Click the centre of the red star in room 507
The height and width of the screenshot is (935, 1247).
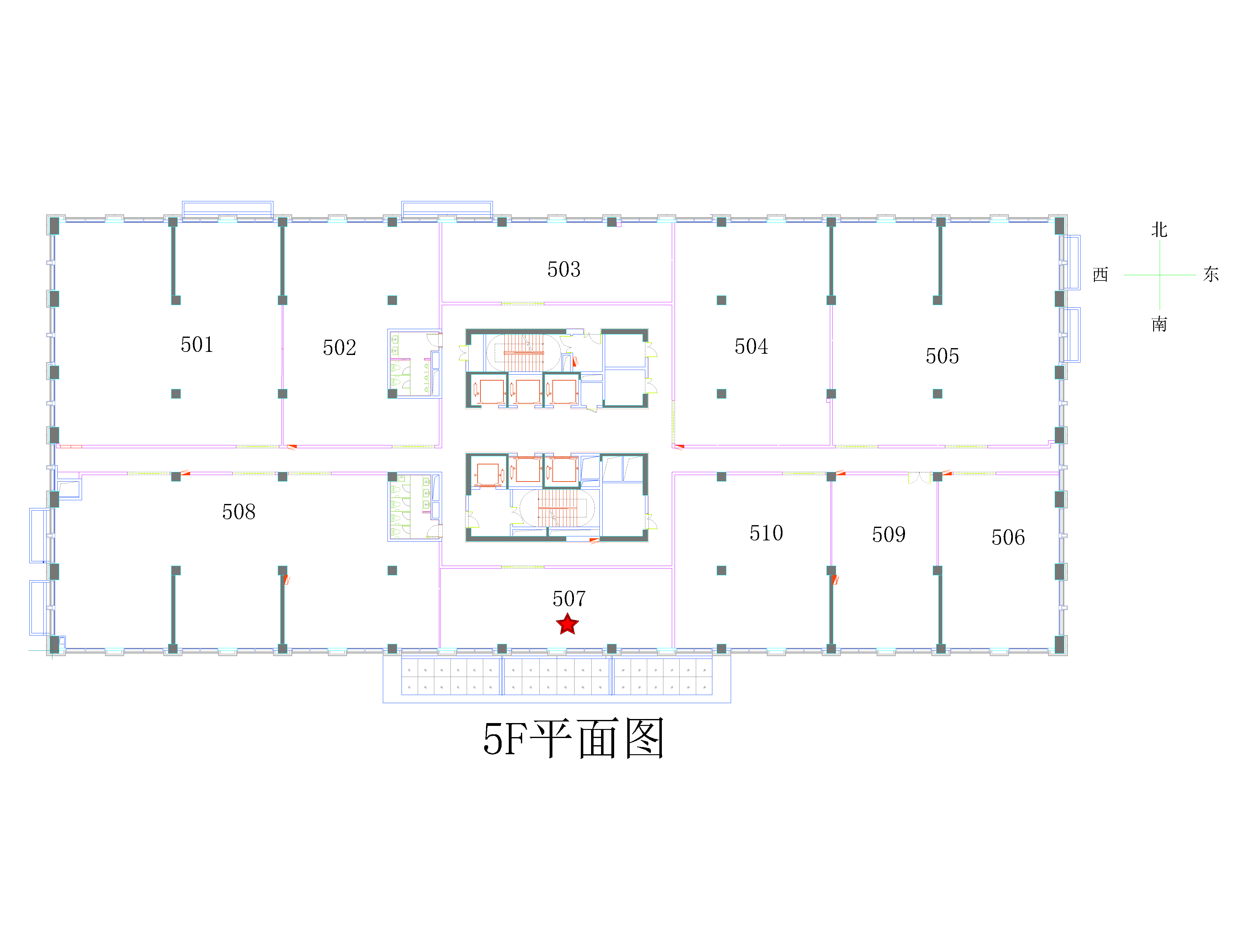[x=567, y=625]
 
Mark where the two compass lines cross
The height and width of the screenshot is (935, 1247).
[x=1160, y=275]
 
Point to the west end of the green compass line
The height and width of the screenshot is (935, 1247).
[x=1124, y=275]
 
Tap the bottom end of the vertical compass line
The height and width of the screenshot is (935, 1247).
[x=1160, y=310]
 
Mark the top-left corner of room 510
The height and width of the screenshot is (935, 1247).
[x=674, y=475]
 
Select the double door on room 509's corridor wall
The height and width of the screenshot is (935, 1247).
[x=919, y=477]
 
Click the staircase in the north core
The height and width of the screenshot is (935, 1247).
[x=524, y=352]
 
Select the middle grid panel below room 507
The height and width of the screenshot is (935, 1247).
[x=556, y=676]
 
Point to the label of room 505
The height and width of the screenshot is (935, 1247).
[x=942, y=356]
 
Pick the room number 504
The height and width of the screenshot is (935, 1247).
[x=751, y=346]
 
